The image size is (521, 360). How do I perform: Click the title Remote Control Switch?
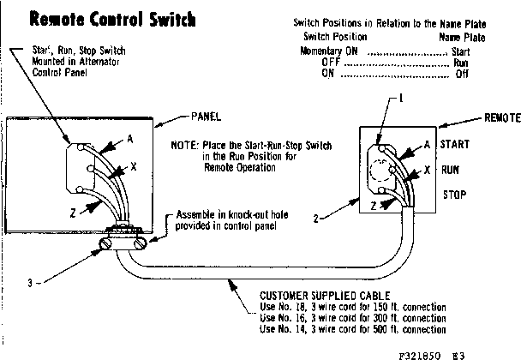point(112,20)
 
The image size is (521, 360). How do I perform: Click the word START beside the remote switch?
point(454,146)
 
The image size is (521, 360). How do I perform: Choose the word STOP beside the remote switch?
point(453,195)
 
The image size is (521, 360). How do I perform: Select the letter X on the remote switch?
point(426,171)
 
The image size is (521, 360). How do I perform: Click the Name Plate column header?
point(462,37)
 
